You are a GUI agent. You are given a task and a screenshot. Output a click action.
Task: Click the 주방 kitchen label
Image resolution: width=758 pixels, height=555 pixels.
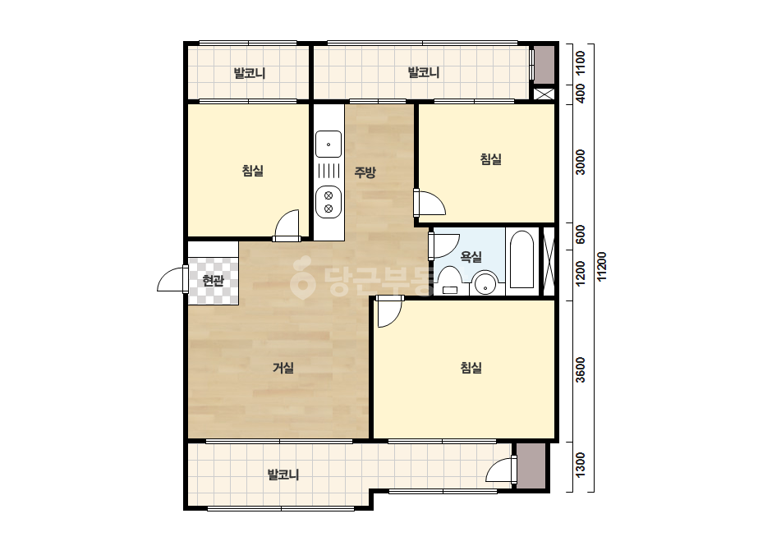tap(365, 172)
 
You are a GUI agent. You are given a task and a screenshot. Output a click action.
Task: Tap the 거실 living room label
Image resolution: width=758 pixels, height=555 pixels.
tap(283, 368)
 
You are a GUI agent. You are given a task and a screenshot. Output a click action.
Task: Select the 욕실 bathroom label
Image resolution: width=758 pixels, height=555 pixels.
tap(471, 257)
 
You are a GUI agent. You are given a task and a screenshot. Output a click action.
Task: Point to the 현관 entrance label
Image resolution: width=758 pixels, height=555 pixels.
tap(214, 281)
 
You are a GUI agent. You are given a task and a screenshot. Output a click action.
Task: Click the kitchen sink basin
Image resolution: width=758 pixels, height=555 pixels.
tap(328, 144)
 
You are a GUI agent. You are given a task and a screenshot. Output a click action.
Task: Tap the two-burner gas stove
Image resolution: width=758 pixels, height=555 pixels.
tap(328, 202)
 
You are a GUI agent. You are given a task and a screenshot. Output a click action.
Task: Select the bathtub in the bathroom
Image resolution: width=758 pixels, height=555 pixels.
tap(522, 260)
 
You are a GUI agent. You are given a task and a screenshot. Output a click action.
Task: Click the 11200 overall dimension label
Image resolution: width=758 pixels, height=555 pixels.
tap(602, 266)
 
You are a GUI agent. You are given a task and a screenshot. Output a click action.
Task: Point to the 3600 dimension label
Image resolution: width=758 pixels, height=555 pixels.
tap(580, 369)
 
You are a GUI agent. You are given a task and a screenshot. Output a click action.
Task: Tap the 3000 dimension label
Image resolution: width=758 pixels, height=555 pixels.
tap(580, 163)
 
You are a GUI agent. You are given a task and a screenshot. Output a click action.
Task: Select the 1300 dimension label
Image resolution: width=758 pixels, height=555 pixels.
tap(580, 465)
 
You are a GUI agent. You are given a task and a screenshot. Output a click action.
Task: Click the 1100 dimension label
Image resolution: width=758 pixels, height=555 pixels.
tap(580, 62)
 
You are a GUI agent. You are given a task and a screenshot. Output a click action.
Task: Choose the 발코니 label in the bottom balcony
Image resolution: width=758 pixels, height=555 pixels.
tap(284, 475)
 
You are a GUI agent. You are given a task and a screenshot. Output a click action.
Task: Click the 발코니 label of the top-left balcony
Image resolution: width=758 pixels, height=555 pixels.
tap(250, 74)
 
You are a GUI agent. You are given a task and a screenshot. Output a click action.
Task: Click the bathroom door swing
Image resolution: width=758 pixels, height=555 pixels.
tap(445, 245)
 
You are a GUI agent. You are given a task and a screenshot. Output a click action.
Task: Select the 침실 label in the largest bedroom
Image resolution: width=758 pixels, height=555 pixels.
tap(471, 368)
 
